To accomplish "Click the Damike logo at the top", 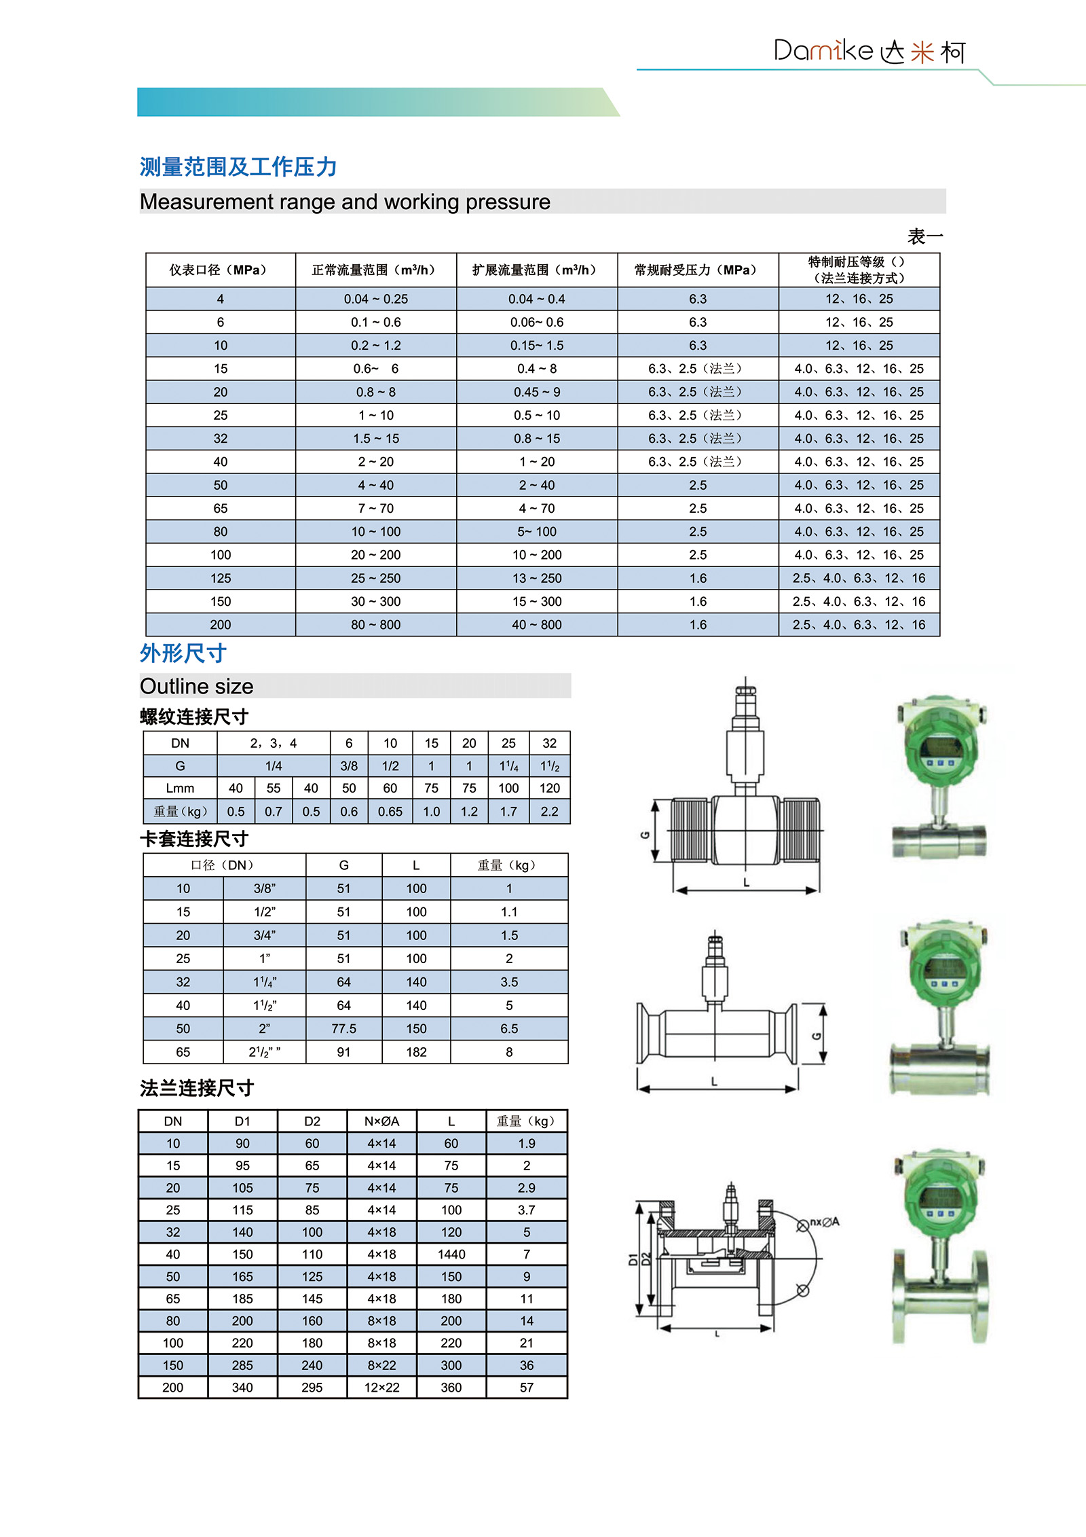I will (869, 51).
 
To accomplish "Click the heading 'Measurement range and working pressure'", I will (345, 202).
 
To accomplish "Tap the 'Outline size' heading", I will (197, 686).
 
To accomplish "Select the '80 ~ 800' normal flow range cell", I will (376, 624).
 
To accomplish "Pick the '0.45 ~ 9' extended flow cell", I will (537, 392).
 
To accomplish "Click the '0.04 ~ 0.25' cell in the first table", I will (376, 299).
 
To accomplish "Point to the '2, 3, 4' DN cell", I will (274, 743).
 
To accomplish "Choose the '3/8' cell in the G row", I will (349, 765).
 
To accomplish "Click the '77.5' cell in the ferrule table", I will (344, 1028).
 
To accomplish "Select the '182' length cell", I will (416, 1052).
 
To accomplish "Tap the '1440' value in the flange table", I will (451, 1254).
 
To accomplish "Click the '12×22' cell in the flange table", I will (381, 1387).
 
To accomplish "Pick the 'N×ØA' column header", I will (381, 1121).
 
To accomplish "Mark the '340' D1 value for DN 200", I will (242, 1387).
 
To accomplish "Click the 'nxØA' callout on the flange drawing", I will (825, 1222).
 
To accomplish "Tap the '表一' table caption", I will (925, 236).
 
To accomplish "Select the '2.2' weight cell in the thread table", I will (549, 811).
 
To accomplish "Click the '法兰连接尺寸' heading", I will (197, 1088).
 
